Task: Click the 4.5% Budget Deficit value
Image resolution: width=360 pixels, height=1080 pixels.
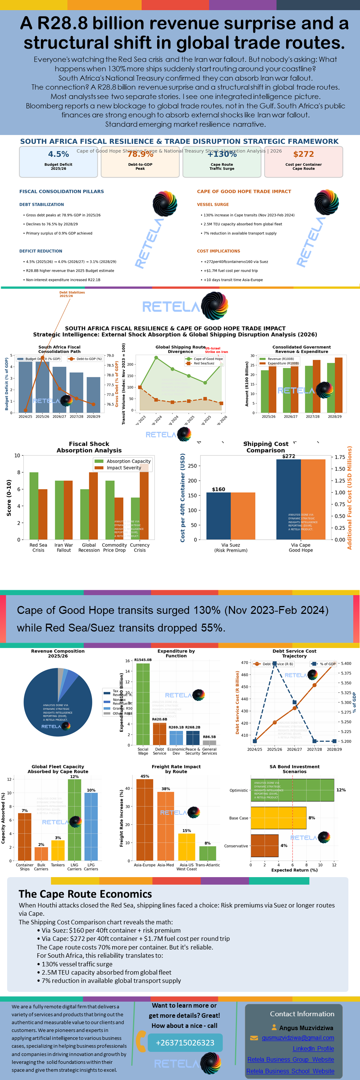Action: (58, 154)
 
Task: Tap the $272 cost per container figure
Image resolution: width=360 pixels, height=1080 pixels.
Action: (303, 154)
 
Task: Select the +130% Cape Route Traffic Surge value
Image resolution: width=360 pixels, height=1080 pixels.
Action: (222, 154)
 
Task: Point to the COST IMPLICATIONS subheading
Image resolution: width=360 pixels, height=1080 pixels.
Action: (218, 251)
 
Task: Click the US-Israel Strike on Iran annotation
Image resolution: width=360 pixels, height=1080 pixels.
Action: (216, 349)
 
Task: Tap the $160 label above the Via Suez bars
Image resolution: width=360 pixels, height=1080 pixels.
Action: (218, 489)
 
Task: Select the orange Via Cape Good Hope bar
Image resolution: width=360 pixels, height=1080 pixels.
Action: (313, 499)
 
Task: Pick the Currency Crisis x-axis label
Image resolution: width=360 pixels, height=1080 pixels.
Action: (139, 547)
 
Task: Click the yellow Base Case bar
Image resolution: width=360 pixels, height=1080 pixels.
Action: (278, 818)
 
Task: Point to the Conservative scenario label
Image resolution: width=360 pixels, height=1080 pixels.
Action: (236, 846)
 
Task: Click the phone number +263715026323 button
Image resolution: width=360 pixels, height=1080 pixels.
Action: (185, 1042)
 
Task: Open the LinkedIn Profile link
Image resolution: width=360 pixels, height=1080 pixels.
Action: (313, 1048)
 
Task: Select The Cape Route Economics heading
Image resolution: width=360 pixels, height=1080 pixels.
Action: (85, 894)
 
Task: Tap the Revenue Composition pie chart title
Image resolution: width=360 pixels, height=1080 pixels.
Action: (58, 653)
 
